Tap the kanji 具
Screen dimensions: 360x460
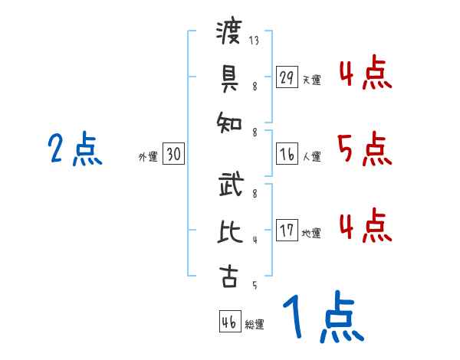[228, 77]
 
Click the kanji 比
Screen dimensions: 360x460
[228, 231]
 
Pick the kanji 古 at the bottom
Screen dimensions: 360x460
[228, 277]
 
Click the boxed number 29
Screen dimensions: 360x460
[287, 77]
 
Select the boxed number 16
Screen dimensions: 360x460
[287, 155]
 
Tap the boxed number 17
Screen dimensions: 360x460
[287, 231]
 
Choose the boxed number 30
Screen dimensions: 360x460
[173, 155]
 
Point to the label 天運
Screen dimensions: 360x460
[311, 80]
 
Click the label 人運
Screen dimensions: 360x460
[311, 157]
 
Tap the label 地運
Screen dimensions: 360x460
[311, 233]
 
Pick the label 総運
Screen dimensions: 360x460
[255, 324]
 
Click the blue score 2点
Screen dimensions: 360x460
[74, 149]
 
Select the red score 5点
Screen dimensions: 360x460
[364, 149]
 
